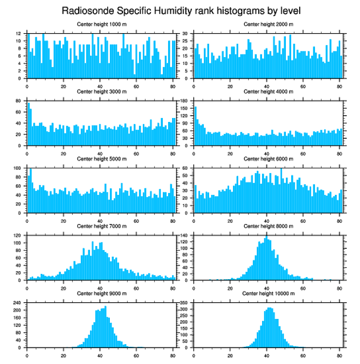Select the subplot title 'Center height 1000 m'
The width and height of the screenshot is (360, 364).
(101, 24)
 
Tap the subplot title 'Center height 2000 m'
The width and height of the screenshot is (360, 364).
(268, 24)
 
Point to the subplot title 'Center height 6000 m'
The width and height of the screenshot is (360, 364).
(268, 159)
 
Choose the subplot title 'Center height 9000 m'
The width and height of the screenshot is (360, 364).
(101, 293)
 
